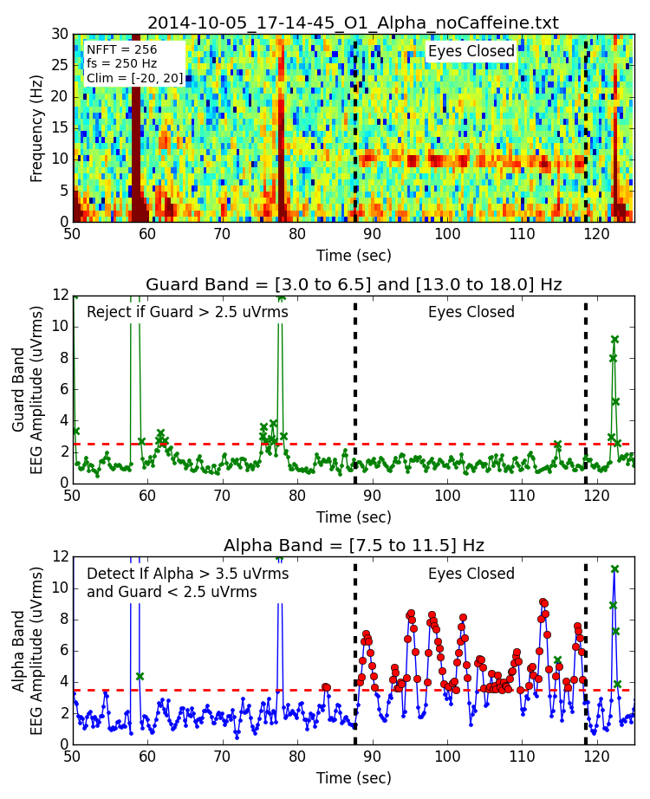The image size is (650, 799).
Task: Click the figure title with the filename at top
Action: (353, 23)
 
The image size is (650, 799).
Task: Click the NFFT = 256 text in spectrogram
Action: (122, 50)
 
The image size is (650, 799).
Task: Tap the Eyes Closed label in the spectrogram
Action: (471, 51)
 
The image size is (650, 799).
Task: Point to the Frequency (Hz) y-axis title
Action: (36, 128)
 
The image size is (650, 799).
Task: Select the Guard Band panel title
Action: (353, 284)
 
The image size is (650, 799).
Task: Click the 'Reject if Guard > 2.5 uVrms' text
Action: (187, 312)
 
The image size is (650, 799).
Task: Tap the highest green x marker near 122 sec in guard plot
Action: (614, 340)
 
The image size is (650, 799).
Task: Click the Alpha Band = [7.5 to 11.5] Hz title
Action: (353, 545)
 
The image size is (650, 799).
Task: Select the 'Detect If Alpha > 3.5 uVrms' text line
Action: (187, 574)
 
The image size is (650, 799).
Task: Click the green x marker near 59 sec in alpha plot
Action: (140, 676)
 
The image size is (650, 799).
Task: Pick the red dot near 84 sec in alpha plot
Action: (326, 687)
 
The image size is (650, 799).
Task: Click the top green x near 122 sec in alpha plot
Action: (614, 569)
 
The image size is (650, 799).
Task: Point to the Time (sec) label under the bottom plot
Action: (353, 777)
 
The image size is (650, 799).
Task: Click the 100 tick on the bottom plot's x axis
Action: (447, 757)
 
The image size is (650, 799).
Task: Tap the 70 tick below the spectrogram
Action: (222, 234)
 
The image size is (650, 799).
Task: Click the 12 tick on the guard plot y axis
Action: (60, 296)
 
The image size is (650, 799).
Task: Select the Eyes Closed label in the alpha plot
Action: (471, 574)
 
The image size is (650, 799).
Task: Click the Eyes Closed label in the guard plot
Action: (471, 312)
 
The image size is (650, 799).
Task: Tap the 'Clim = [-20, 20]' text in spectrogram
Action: (134, 78)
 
